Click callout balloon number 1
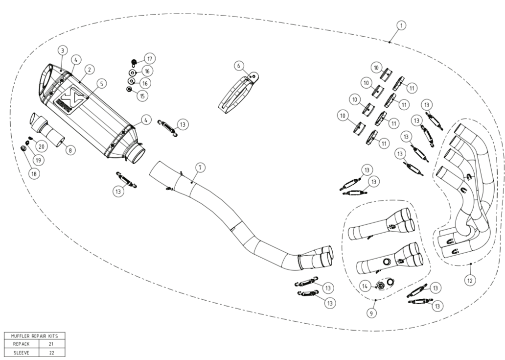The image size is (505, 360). pyautogui.click(x=401, y=25)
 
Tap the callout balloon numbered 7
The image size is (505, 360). pyautogui.click(x=200, y=168)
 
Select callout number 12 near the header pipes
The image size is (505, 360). pyautogui.click(x=470, y=281)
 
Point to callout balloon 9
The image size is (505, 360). pyautogui.click(x=371, y=313)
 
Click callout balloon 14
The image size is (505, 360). pyautogui.click(x=365, y=286)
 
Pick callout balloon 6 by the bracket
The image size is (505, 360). pyautogui.click(x=239, y=66)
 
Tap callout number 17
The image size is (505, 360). pyautogui.click(x=150, y=59)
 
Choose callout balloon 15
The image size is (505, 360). pyautogui.click(x=142, y=96)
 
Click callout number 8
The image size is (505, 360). pyautogui.click(x=70, y=150)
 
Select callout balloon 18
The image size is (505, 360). pyautogui.click(x=34, y=174)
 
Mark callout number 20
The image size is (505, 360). pyautogui.click(x=41, y=146)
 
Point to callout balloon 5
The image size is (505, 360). pyautogui.click(x=101, y=84)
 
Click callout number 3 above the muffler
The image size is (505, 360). pyautogui.click(x=63, y=50)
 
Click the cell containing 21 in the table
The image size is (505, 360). pyautogui.click(x=51, y=344)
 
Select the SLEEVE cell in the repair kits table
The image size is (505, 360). pyautogui.click(x=21, y=353)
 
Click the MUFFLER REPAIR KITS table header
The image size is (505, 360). pyautogui.click(x=34, y=336)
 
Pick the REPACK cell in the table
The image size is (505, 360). pyautogui.click(x=21, y=344)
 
